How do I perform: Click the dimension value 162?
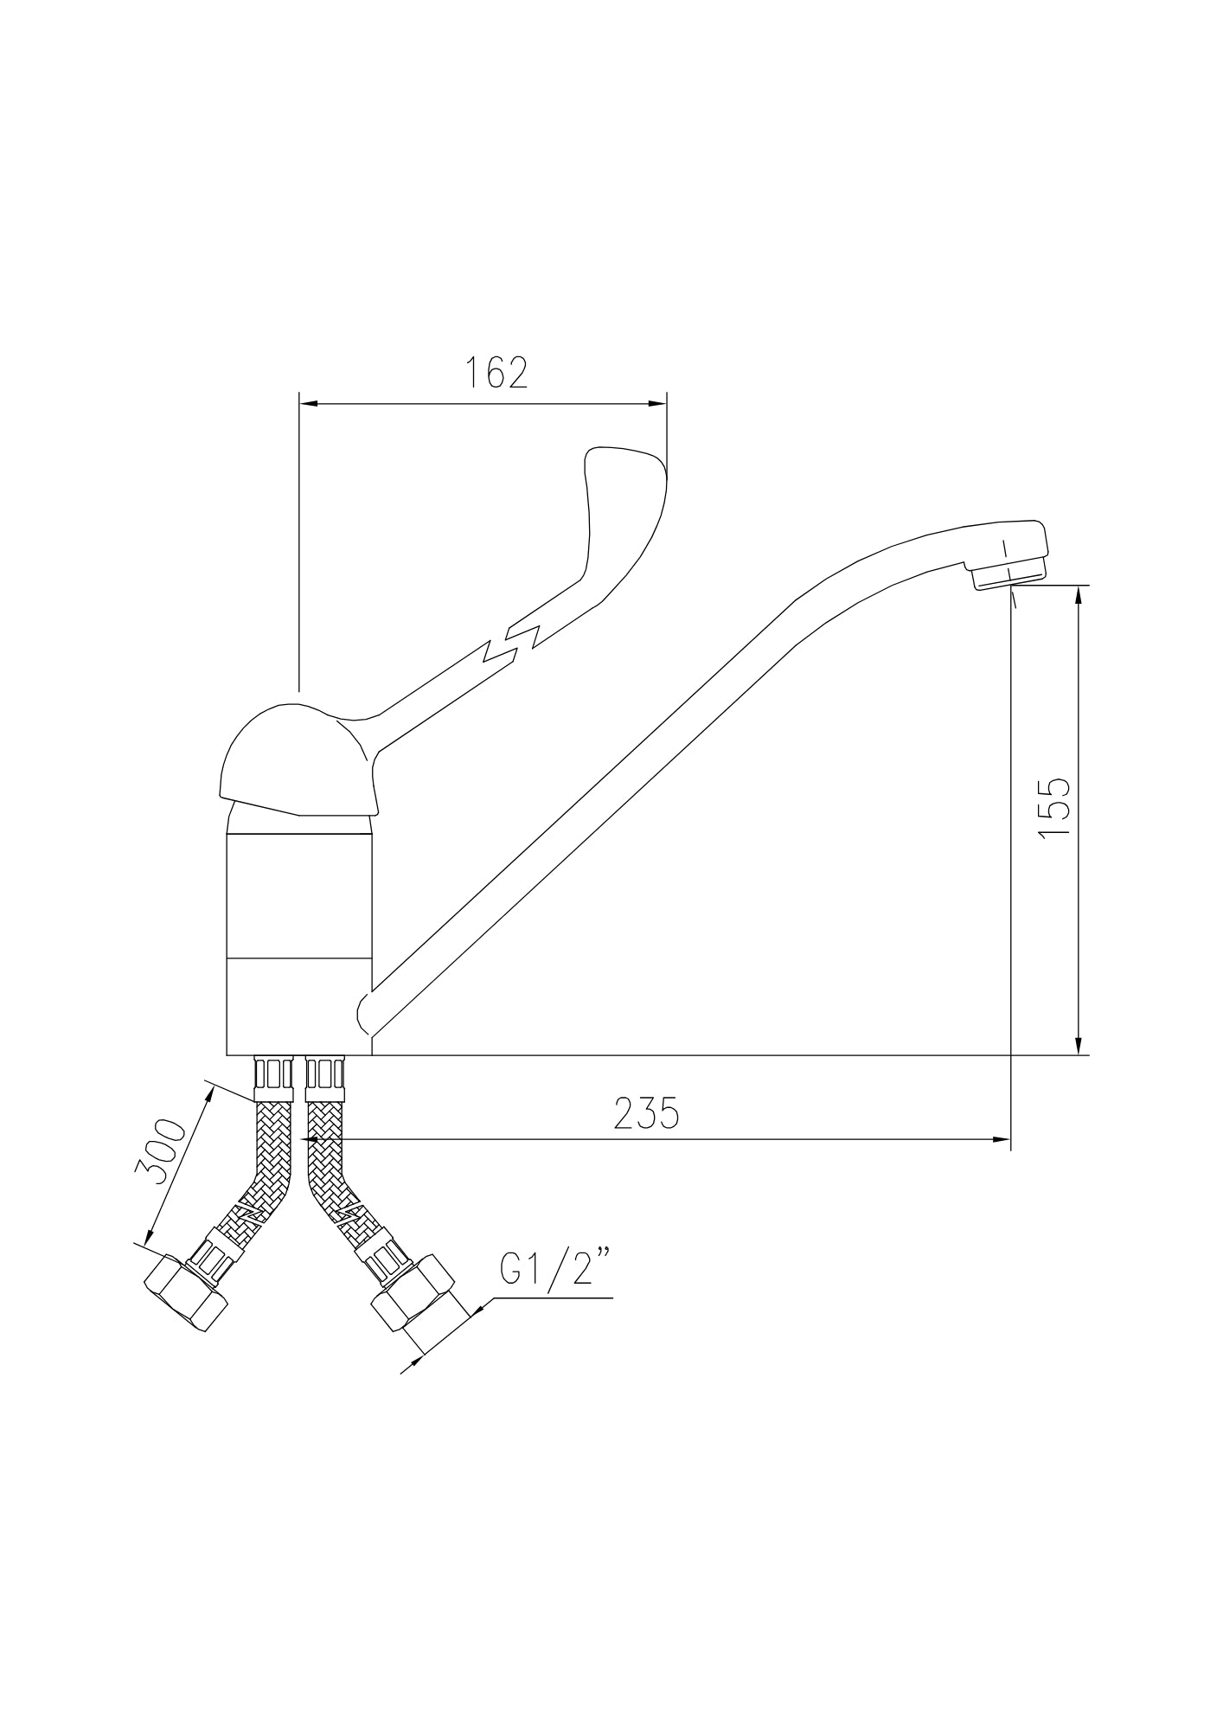tap(496, 372)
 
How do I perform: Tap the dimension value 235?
tap(647, 1113)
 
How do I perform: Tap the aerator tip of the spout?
tap(1008, 575)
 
